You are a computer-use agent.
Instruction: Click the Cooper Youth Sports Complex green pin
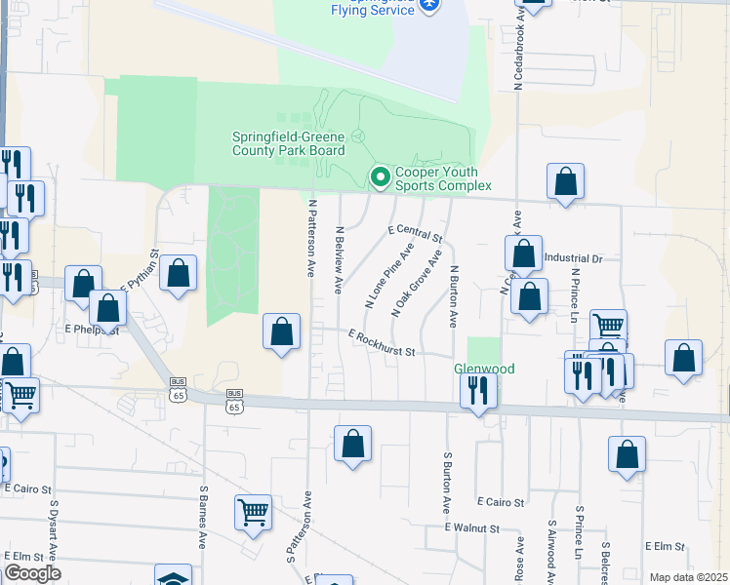[380, 176]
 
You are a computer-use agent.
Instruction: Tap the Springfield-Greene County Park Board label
[288, 143]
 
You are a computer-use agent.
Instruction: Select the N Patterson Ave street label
[312, 239]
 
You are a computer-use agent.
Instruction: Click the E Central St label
[415, 232]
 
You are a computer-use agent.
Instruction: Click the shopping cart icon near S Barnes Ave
[253, 510]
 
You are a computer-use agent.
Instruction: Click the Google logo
[31, 573]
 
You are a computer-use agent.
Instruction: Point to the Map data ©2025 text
[688, 577]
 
